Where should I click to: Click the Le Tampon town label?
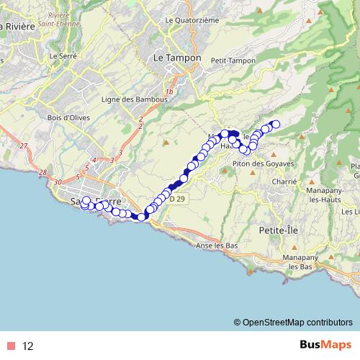173,58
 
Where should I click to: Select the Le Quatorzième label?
192,21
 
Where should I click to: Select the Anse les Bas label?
217,246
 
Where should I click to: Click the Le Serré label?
63,55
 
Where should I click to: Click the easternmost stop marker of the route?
275,125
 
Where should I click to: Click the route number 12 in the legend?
28,346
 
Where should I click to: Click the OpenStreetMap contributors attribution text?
297,322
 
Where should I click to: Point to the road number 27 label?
24,146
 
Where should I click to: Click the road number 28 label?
42,173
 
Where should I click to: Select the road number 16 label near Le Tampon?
170,92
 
